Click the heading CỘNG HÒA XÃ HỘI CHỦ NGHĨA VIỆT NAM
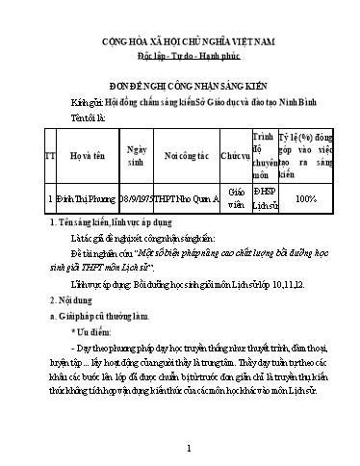tap(189, 43)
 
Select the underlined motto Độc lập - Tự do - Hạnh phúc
tap(189, 59)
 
